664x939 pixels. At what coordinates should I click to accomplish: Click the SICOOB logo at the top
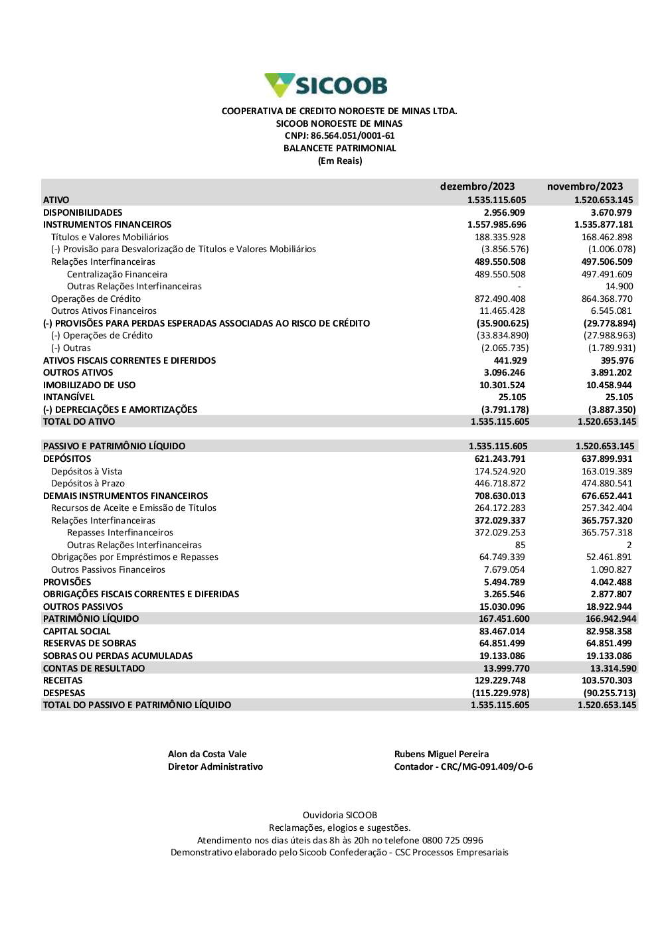326,86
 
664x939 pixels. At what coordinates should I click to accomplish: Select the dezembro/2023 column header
477,186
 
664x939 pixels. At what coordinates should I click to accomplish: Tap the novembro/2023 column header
584,186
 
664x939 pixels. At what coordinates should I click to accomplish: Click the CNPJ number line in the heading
339,136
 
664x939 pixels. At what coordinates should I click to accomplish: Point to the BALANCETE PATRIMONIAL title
339,149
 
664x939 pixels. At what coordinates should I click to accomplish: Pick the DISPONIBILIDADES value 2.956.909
504,212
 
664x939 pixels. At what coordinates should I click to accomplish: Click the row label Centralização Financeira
117,274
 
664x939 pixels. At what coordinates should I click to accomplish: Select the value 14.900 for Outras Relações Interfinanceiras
619,287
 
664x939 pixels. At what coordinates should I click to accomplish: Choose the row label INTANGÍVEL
69,397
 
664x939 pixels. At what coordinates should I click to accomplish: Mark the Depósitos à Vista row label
86,471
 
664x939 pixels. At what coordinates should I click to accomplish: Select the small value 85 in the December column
520,545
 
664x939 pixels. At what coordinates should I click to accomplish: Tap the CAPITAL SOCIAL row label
77,631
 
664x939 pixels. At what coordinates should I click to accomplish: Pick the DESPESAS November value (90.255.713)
609,693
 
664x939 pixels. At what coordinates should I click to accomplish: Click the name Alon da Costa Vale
207,754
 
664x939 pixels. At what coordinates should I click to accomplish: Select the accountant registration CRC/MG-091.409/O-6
487,766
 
